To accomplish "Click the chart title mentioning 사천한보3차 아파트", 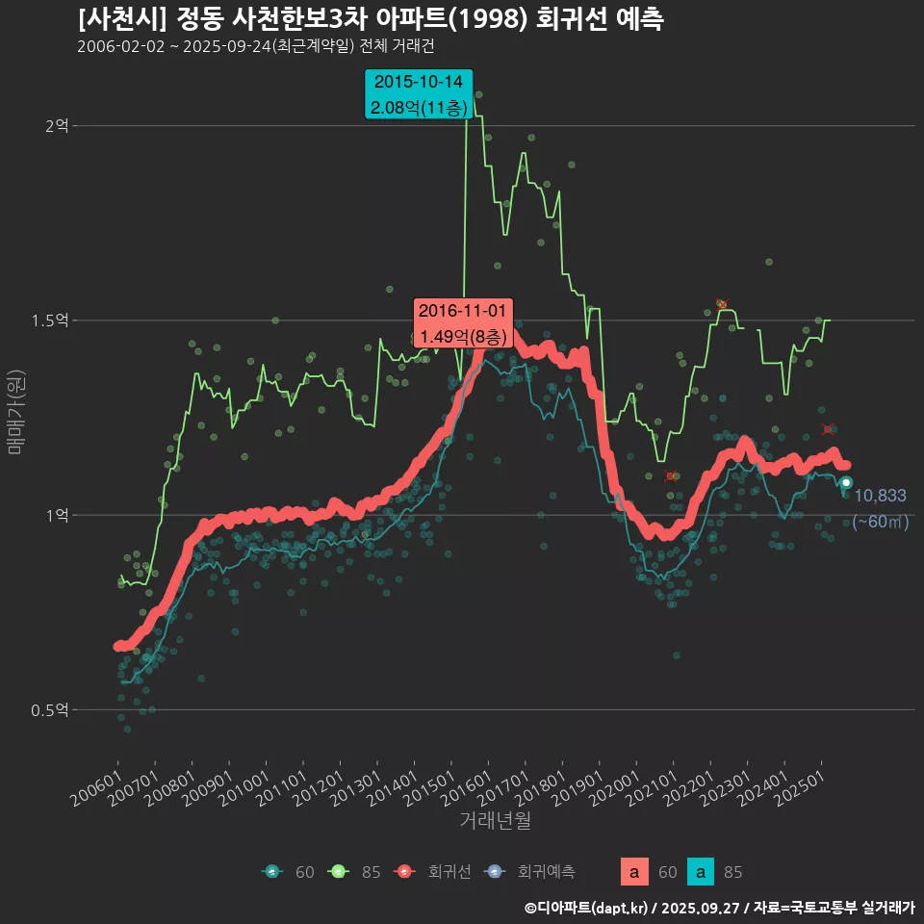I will tap(371, 19).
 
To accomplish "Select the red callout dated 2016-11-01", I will tap(462, 323).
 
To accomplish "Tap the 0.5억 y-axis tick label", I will tap(50, 709).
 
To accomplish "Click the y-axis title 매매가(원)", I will tap(16, 412).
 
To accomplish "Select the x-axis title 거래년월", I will tap(495, 820).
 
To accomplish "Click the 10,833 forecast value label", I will tap(880, 496).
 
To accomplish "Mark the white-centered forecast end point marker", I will tap(846, 482).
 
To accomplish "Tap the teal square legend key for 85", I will tap(703, 872).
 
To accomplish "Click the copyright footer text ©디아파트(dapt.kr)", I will tap(587, 907).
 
